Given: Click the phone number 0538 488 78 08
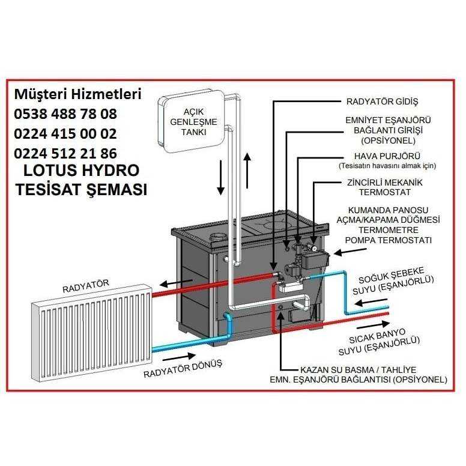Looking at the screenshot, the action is tap(65, 114).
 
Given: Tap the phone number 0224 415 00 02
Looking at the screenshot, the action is tap(65, 133).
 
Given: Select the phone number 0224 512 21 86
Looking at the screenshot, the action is tap(65, 153).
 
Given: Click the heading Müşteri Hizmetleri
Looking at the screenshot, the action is tap(77, 95).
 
